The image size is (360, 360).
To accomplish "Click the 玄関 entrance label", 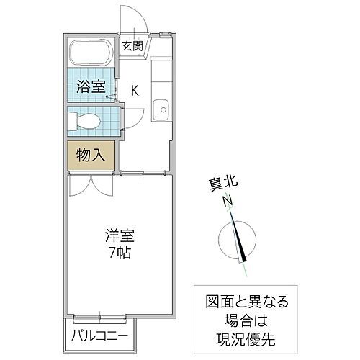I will [132, 45].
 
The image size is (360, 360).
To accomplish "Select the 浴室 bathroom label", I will [91, 86].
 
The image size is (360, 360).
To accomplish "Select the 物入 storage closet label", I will [91, 154].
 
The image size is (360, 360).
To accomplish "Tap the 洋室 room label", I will [121, 235].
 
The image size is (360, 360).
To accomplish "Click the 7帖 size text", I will [121, 253].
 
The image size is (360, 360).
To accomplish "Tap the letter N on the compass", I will [228, 203].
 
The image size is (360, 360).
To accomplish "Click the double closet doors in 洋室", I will [91, 186].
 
